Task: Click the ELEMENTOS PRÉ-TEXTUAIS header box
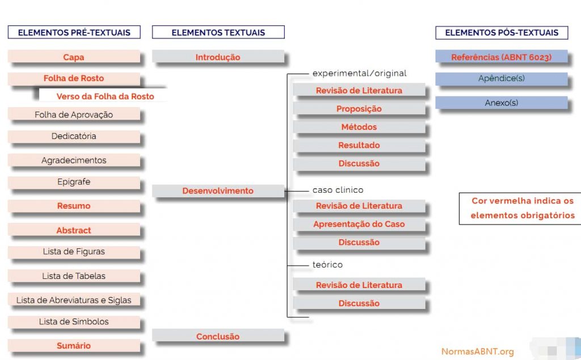pos(74,32)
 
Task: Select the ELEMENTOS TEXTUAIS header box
pos(218,32)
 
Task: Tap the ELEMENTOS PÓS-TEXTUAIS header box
pos(502,32)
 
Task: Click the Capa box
pos(74,57)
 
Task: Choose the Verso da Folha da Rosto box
pos(105,96)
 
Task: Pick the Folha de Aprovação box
pos(74,115)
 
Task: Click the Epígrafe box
pos(74,183)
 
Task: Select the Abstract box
pos(74,230)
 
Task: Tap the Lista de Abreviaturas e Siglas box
pos(74,300)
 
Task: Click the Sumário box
pos(74,345)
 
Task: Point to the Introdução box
pos(218,57)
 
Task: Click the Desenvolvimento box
pos(218,191)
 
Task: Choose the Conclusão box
pos(218,336)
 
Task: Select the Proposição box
pos(359,108)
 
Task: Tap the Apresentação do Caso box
pos(359,224)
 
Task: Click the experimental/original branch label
pos(360,73)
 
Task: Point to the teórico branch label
pos(327,265)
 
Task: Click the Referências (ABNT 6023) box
pos(502,57)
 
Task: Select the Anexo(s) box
pos(502,103)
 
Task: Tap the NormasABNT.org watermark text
pos(477,351)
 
